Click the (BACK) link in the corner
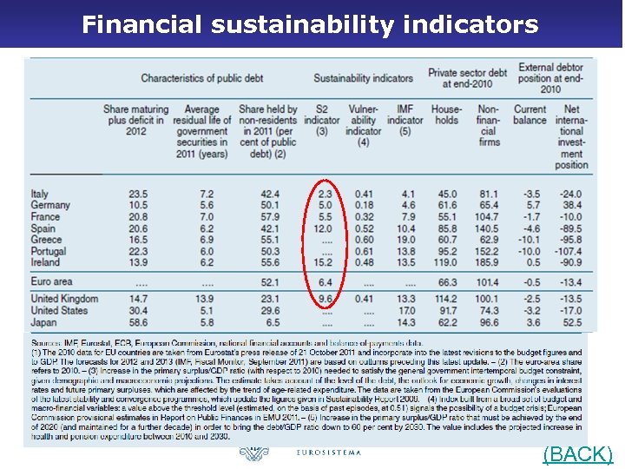[577, 454]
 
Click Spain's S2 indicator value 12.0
[322, 228]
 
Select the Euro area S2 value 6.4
[325, 281]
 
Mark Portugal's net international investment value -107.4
[570, 251]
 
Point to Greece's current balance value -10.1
[529, 240]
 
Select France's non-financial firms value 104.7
[487, 216]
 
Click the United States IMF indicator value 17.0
[405, 310]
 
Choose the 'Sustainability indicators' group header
[363, 78]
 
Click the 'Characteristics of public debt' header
[201, 78]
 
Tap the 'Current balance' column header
[530, 115]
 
